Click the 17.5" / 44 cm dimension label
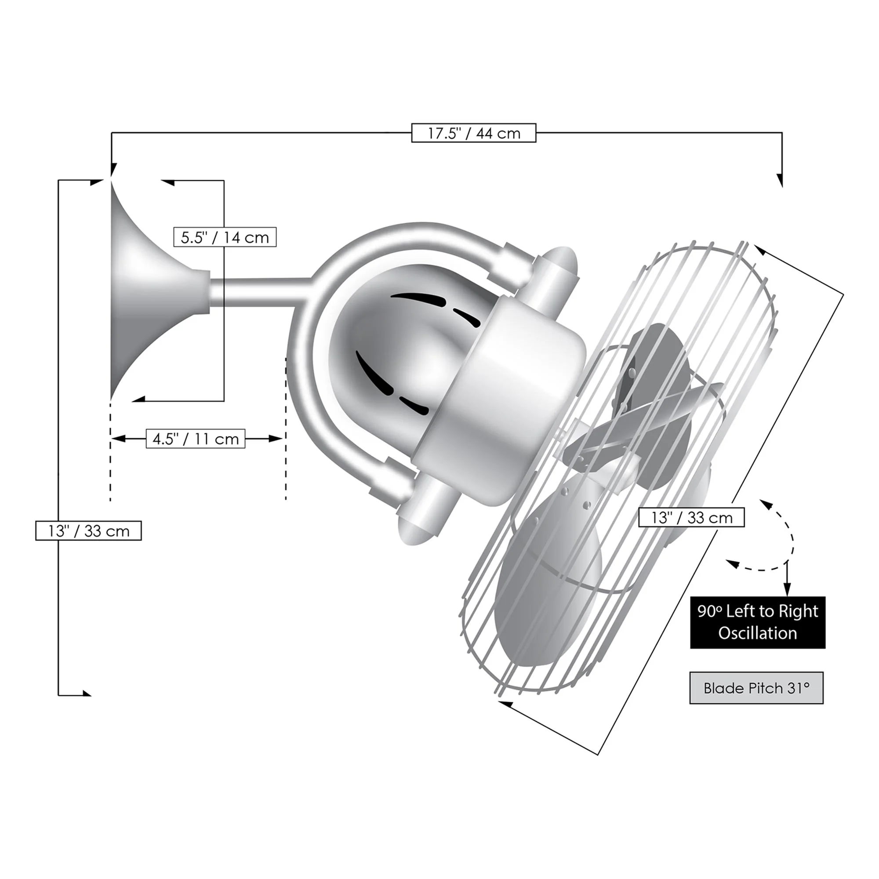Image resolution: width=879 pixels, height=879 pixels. [x=474, y=133]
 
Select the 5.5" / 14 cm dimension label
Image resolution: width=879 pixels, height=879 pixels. [x=225, y=237]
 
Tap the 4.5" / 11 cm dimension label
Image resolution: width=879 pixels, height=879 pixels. [x=196, y=439]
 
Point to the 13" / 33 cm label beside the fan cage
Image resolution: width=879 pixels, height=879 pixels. [x=691, y=517]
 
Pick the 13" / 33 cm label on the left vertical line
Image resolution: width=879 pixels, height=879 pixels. [x=89, y=530]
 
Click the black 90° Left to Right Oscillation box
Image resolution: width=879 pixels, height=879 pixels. [x=758, y=622]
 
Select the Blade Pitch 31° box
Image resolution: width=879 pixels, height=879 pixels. [x=757, y=688]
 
